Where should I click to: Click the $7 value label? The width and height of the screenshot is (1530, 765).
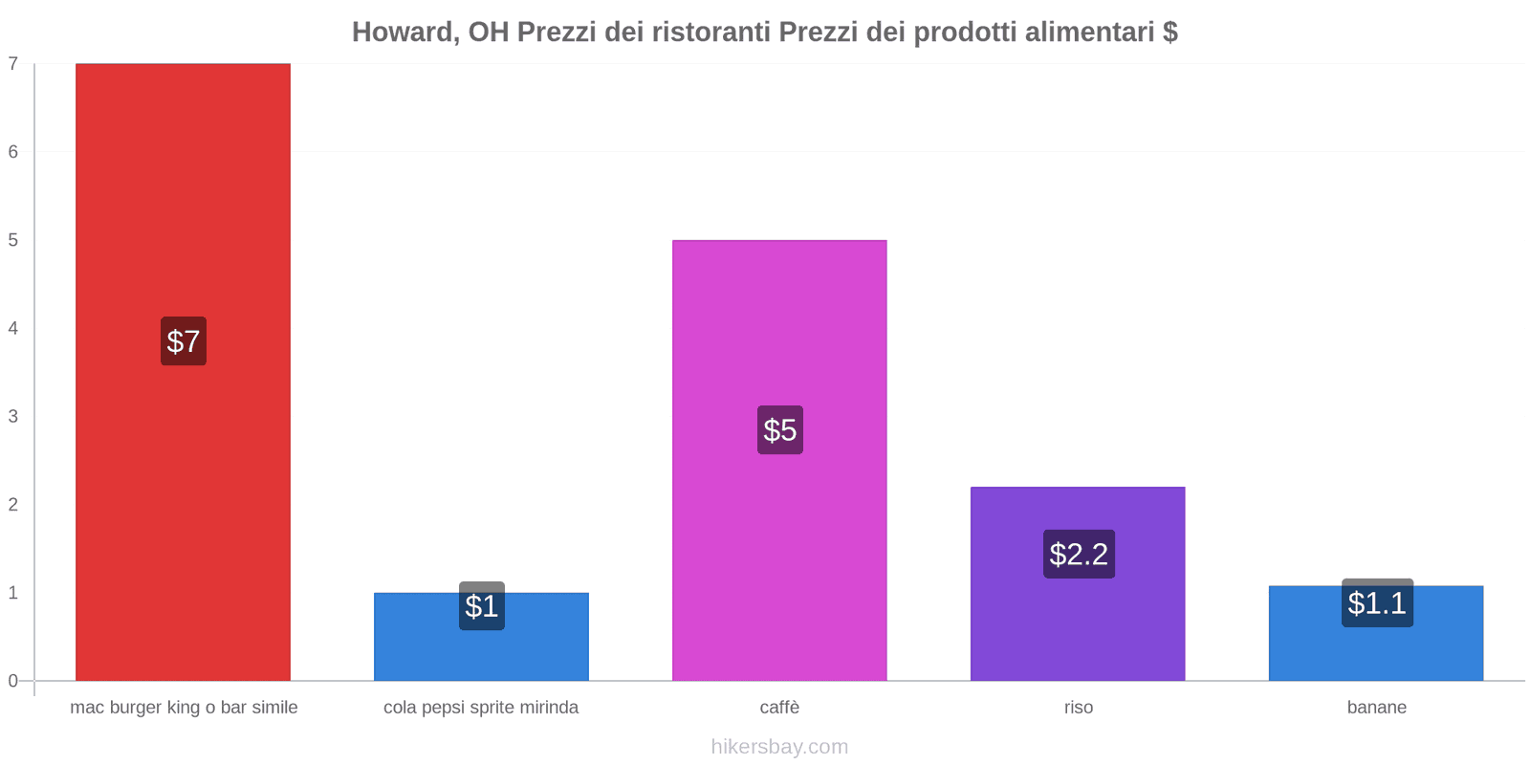pyautogui.click(x=184, y=341)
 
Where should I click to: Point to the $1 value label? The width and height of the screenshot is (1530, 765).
pyautogui.click(x=482, y=606)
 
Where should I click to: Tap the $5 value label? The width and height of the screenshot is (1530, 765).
pyautogui.click(x=780, y=430)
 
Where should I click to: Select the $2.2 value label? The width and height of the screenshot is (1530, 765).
pyautogui.click(x=1079, y=554)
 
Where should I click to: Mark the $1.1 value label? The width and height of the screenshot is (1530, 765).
pyautogui.click(x=1377, y=603)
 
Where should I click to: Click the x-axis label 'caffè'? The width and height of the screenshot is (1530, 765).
pyautogui.click(x=779, y=708)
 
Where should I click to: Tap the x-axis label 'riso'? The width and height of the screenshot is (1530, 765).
pyautogui.click(x=1079, y=708)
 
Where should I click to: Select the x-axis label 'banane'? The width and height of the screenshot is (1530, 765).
pyautogui.click(x=1377, y=708)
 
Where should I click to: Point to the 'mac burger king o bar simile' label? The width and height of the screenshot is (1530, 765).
pyautogui.click(x=184, y=708)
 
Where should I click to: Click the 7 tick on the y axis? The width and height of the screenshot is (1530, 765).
pyautogui.click(x=13, y=64)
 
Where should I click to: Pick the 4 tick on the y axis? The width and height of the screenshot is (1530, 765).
pyautogui.click(x=13, y=328)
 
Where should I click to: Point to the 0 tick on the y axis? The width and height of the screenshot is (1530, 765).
pyautogui.click(x=13, y=681)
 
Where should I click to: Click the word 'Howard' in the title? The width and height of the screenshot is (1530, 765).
pyautogui.click(x=404, y=33)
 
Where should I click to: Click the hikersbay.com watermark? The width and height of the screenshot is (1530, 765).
pyautogui.click(x=779, y=747)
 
